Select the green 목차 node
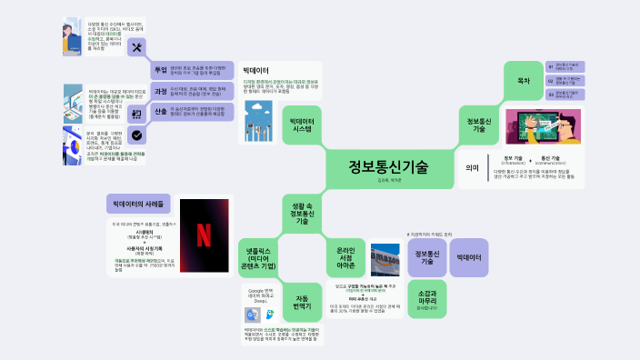(524, 80)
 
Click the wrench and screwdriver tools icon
(137, 48)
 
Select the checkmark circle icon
(136, 135)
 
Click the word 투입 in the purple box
(161, 70)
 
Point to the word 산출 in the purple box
(161, 112)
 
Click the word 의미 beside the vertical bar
(471, 167)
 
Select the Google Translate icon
(249, 314)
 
